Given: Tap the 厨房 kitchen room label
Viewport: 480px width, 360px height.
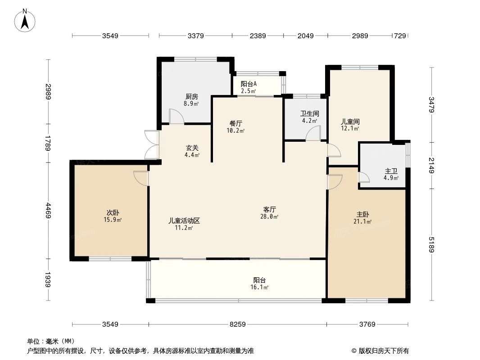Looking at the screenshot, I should (191, 96).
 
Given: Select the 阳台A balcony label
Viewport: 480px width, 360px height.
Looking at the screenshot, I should (249, 84).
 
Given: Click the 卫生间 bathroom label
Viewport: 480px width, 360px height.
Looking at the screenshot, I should (310, 114).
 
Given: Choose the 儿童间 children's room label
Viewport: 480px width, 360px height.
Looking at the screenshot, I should (350, 121).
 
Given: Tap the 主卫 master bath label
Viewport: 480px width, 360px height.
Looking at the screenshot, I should (391, 171).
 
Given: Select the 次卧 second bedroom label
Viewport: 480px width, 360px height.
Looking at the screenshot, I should (113, 212).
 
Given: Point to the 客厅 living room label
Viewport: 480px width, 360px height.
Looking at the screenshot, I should (270, 209).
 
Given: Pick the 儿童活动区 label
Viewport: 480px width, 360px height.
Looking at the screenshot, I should (184, 220).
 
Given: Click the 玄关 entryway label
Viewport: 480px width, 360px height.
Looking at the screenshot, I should (192, 148).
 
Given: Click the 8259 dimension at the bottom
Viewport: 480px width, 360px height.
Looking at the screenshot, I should (237, 324).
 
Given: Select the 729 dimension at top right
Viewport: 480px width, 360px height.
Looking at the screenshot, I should (400, 36).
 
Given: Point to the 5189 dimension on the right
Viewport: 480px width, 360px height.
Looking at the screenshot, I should (431, 245).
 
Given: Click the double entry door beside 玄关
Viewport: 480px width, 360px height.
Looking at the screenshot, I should (152, 144).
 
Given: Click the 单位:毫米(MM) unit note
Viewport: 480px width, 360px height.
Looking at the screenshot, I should (51, 341).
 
